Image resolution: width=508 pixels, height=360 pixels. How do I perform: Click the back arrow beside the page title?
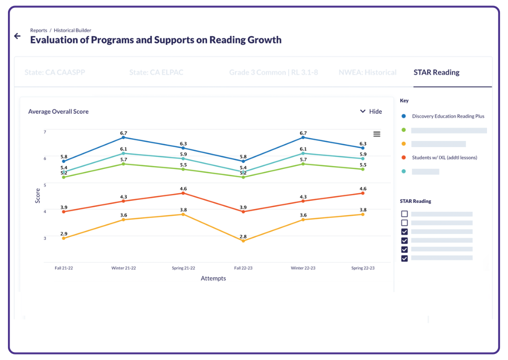point(17,36)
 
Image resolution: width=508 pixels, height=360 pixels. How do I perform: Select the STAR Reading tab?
point(436,72)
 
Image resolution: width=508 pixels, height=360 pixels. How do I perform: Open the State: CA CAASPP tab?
point(55,72)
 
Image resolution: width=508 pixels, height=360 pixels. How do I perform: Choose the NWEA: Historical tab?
point(367,72)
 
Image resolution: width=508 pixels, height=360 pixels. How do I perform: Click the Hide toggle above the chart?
point(371,111)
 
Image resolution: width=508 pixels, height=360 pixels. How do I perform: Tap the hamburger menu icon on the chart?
point(377,134)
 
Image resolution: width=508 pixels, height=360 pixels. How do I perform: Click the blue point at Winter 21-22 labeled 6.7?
point(123,137)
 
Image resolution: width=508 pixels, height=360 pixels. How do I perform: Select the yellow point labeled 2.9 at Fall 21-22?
point(64,238)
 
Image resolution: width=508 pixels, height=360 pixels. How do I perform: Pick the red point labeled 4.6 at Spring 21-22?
point(183,193)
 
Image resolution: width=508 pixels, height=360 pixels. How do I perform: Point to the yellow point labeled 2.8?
point(243,241)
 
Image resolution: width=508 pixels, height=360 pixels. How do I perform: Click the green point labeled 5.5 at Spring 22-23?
point(363,169)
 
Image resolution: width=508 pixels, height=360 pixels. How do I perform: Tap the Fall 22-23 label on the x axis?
point(243,268)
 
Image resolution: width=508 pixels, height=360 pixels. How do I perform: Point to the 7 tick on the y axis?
point(45,132)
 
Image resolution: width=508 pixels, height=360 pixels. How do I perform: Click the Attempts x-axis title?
point(213,278)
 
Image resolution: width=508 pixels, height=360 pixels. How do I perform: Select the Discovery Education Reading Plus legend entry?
point(448,116)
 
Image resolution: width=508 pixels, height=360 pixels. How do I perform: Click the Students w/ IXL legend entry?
point(444,158)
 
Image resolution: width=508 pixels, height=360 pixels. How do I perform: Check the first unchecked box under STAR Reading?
point(404,214)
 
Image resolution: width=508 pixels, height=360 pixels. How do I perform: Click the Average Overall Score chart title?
point(58,112)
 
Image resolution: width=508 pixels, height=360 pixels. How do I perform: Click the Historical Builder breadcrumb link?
point(72,30)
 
